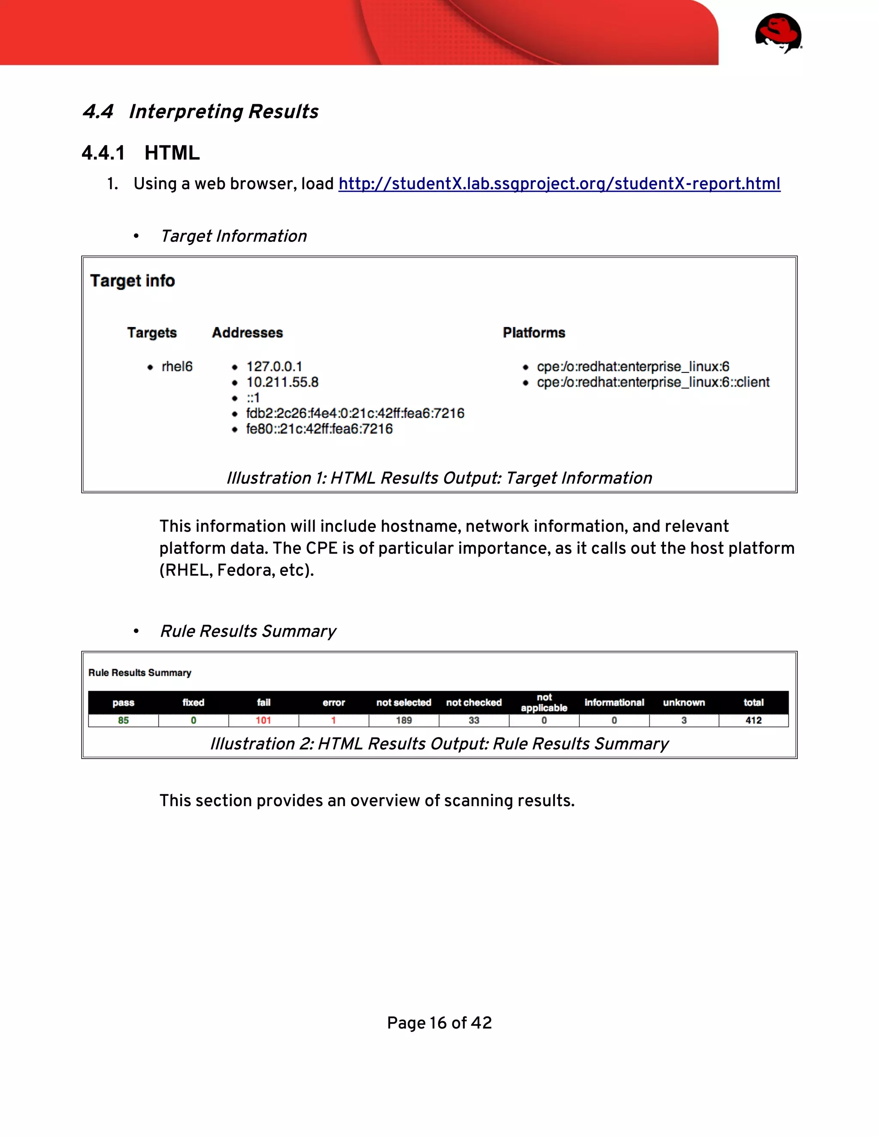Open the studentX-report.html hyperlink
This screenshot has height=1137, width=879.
point(559,184)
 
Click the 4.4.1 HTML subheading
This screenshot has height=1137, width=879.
point(141,153)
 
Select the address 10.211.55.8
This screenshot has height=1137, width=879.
point(282,382)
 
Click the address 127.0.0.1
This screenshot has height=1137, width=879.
point(274,366)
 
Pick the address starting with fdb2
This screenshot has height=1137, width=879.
point(355,413)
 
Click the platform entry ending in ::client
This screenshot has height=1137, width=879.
point(653,382)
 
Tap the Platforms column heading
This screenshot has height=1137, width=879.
point(534,333)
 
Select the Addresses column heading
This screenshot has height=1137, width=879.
point(247,333)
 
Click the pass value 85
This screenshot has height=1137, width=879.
point(124,720)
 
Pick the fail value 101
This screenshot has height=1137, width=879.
point(264,720)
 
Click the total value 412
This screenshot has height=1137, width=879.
point(754,720)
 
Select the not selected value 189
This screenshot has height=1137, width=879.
point(403,720)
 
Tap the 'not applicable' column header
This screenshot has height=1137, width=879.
point(544,703)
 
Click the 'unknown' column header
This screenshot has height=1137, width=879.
point(684,703)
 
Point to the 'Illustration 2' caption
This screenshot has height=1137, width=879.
point(439,744)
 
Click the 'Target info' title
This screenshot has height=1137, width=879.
point(132,281)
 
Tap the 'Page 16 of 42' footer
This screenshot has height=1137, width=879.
point(439,1023)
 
